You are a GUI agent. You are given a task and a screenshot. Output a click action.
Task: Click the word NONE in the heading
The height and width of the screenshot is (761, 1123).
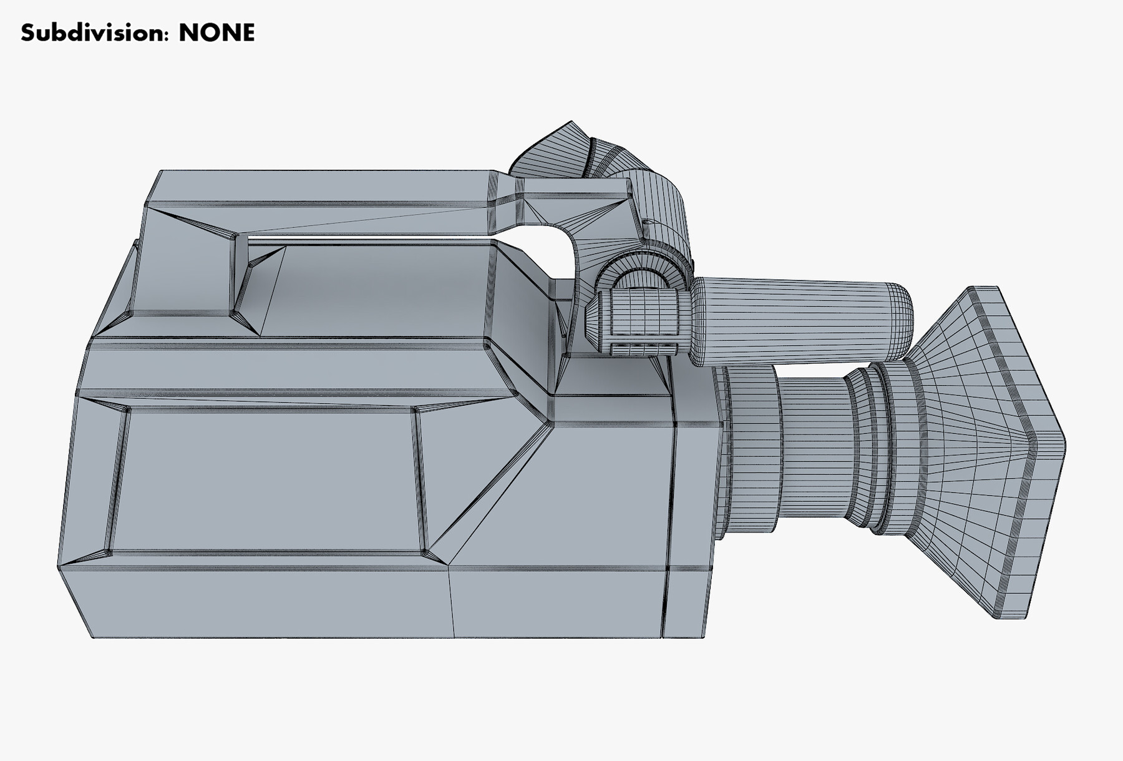point(216,32)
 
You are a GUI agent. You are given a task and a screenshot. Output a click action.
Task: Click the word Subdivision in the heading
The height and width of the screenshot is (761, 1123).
point(94,32)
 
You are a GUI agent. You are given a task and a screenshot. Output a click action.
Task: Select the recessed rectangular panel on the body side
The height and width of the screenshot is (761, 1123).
point(268,481)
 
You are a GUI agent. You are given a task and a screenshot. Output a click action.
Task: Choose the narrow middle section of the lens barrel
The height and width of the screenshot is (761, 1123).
point(811,449)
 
